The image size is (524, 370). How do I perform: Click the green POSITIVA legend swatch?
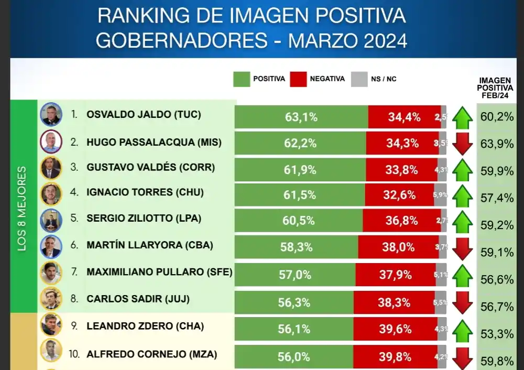coord(241,79)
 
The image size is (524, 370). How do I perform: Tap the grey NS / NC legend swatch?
coord(359,79)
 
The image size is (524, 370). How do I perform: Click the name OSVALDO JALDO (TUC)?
coord(144,114)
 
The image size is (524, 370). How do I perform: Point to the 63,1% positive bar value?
coord(301,117)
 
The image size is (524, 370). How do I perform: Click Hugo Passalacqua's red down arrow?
coord(463,144)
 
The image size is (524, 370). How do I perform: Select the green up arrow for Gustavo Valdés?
coord(463,170)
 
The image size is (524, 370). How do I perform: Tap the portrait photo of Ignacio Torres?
coord(51,193)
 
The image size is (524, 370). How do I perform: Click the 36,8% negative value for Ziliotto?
coord(402,221)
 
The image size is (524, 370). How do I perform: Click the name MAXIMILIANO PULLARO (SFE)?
coord(159,272)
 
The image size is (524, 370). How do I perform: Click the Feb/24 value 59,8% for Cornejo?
coord(497,361)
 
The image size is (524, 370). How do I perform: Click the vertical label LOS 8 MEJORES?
coord(23,209)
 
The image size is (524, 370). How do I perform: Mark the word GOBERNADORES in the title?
coord(180,40)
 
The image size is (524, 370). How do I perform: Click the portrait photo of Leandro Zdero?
coord(51,324)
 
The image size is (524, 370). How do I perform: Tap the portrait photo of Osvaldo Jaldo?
coord(51,114)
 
